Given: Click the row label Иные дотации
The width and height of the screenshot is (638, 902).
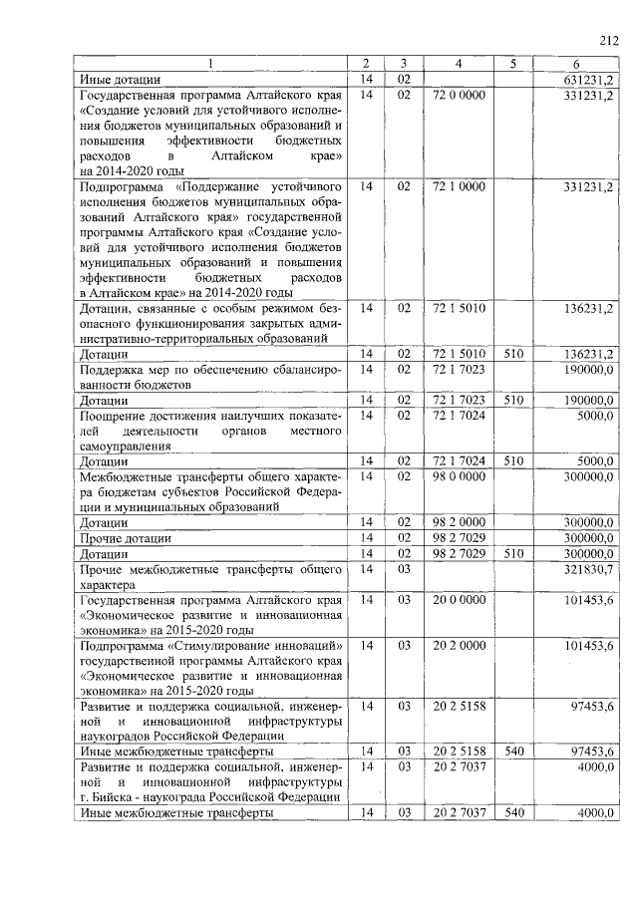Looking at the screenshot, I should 121,79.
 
